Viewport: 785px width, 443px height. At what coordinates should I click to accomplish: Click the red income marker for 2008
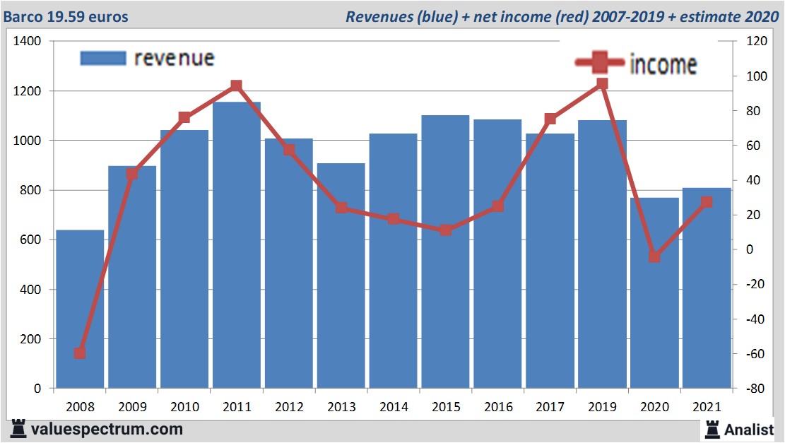[80, 353]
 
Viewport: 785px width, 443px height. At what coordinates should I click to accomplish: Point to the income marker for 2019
[602, 83]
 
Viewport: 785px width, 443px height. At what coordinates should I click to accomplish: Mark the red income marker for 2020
[654, 256]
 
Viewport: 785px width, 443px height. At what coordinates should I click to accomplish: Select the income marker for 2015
[446, 230]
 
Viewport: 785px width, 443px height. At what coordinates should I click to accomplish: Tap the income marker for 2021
[707, 202]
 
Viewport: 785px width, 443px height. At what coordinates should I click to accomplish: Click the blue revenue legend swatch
[103, 59]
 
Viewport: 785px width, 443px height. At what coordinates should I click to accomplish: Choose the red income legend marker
[600, 63]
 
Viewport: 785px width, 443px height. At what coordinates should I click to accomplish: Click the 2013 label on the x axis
[341, 408]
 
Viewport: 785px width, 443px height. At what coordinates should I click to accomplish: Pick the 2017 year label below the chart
[550, 408]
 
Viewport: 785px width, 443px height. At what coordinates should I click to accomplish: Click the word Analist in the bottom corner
[750, 429]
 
